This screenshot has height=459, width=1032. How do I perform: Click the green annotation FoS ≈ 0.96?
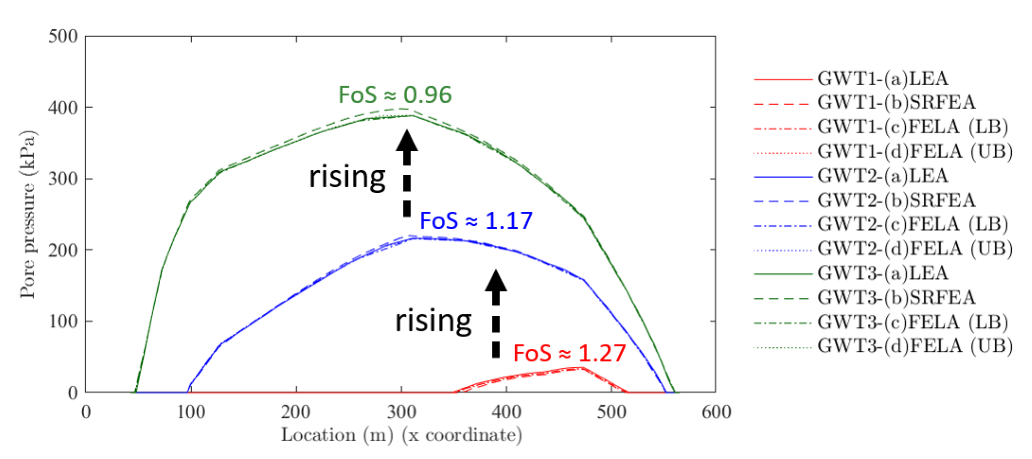[x=395, y=95]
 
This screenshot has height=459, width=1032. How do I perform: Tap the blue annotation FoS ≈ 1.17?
[x=476, y=221]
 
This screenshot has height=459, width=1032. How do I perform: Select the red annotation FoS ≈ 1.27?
[x=569, y=353]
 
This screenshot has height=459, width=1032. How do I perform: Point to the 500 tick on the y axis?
[x=63, y=36]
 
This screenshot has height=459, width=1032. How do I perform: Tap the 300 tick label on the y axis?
[x=63, y=179]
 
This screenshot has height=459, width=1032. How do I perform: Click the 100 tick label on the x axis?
[x=191, y=412]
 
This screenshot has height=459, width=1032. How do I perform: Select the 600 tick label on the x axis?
[x=716, y=412]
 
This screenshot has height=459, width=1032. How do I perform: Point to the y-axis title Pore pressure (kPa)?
[x=27, y=214]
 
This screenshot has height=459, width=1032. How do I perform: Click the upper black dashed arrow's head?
[x=407, y=141]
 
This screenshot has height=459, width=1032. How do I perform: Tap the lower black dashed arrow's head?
[x=496, y=281]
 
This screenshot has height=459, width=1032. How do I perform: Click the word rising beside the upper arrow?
[x=347, y=177]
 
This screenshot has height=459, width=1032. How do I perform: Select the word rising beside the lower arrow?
[x=433, y=321]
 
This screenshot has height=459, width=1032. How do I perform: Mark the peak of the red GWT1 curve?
[x=582, y=367]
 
